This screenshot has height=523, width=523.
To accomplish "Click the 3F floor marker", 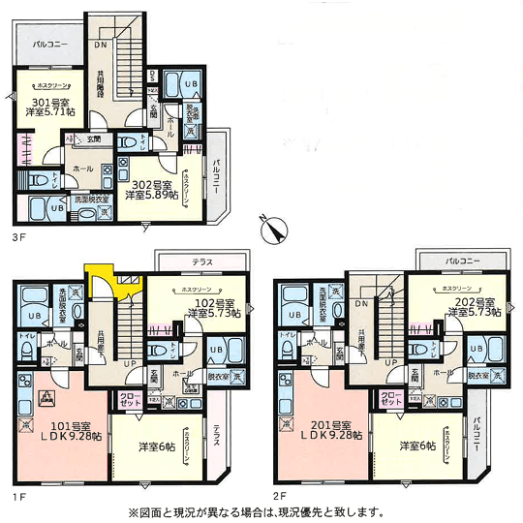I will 20,233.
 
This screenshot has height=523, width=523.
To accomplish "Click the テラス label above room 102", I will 200,261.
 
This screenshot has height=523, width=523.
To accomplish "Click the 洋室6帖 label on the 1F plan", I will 158,446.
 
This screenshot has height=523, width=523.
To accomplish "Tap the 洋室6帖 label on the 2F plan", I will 418,446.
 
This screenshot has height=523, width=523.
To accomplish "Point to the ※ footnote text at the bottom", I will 261,512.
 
